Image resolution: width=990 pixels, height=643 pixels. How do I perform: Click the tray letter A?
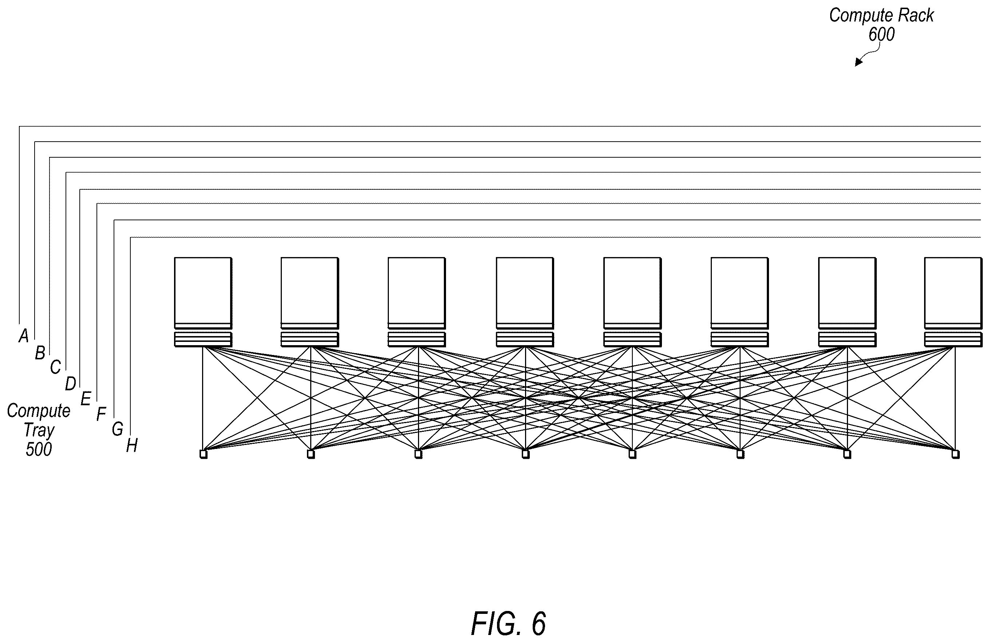[x=24, y=336]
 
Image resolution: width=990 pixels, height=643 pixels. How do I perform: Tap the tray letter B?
[x=40, y=353]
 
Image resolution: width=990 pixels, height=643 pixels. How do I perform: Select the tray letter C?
[x=55, y=367]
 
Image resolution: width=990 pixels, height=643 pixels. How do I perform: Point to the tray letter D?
[x=70, y=383]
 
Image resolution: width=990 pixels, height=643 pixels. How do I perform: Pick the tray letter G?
[x=117, y=429]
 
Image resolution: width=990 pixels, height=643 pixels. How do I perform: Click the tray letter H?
[x=132, y=445]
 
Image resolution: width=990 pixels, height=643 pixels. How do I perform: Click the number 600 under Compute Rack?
[x=881, y=34]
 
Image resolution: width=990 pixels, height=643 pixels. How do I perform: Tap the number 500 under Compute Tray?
[x=39, y=449]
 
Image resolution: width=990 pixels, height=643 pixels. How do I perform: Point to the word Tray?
[x=39, y=430]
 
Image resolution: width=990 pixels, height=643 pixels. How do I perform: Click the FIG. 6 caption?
[x=508, y=623]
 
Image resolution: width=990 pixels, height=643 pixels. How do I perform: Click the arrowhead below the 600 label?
[x=858, y=62]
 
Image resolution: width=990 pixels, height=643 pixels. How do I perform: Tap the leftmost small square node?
[x=204, y=454]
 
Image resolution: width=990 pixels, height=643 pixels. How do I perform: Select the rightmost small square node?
[x=955, y=454]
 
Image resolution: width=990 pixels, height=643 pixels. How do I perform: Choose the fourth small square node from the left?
[x=526, y=454]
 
